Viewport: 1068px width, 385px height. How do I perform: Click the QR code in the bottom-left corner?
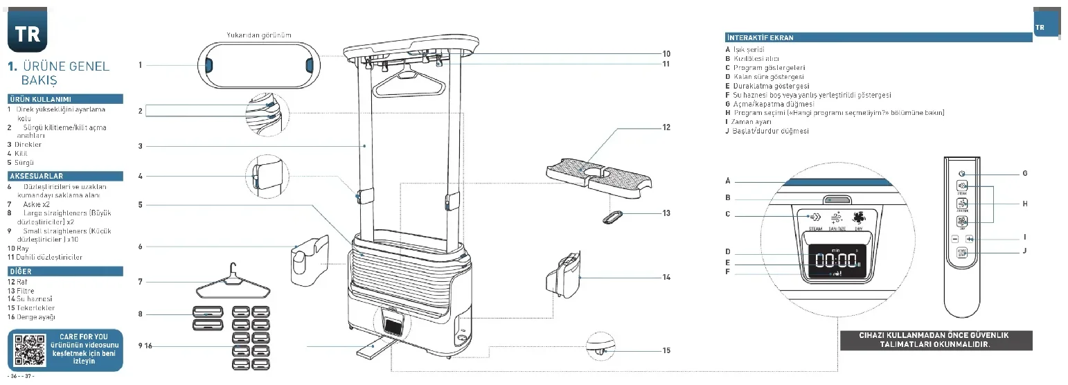(x=29, y=350)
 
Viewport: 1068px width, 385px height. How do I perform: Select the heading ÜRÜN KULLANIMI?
(x=39, y=99)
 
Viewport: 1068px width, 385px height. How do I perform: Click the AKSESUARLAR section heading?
(x=36, y=177)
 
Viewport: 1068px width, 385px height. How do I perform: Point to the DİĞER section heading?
(x=21, y=271)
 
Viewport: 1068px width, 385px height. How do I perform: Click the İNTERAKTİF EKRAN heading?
(x=760, y=37)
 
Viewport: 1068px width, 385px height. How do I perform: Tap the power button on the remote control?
(x=961, y=173)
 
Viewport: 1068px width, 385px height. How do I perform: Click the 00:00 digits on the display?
(x=837, y=261)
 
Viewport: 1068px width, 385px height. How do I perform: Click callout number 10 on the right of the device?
(x=666, y=53)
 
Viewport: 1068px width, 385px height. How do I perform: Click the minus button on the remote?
(x=954, y=239)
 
